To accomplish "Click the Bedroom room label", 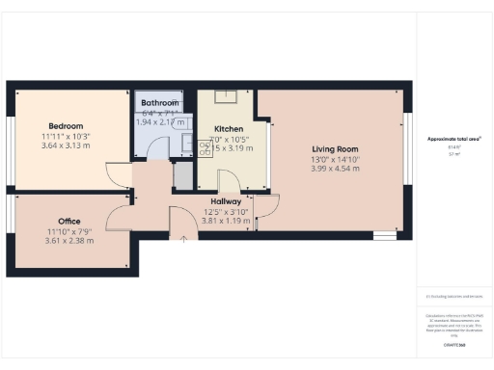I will (x=67, y=126).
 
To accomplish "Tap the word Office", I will (x=69, y=221).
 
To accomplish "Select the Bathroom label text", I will (x=159, y=103).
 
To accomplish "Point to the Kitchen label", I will (x=229, y=129).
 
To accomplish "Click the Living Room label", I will (x=335, y=149).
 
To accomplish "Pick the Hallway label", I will (x=226, y=201).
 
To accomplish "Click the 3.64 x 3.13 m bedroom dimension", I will (x=67, y=147).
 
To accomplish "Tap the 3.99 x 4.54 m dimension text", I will (x=335, y=169).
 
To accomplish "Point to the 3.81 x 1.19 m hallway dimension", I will (x=226, y=221).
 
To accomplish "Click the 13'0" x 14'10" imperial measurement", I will (x=335, y=159).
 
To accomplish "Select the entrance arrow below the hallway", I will (x=183, y=237).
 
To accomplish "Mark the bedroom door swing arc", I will (x=118, y=177).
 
